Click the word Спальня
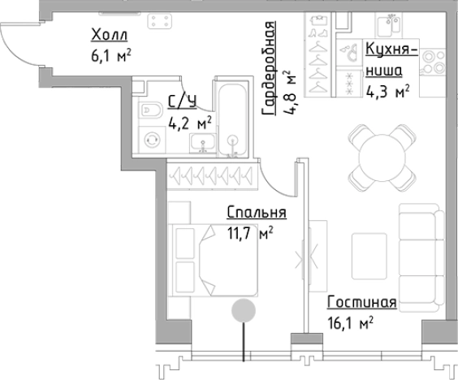pyautogui.click(x=257, y=214)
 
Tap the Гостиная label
pyautogui.click(x=361, y=303)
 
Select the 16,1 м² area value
pyautogui.click(x=350, y=322)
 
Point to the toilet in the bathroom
pyautogui.click(x=152, y=110)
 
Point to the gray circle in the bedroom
pyautogui.click(x=243, y=310)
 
